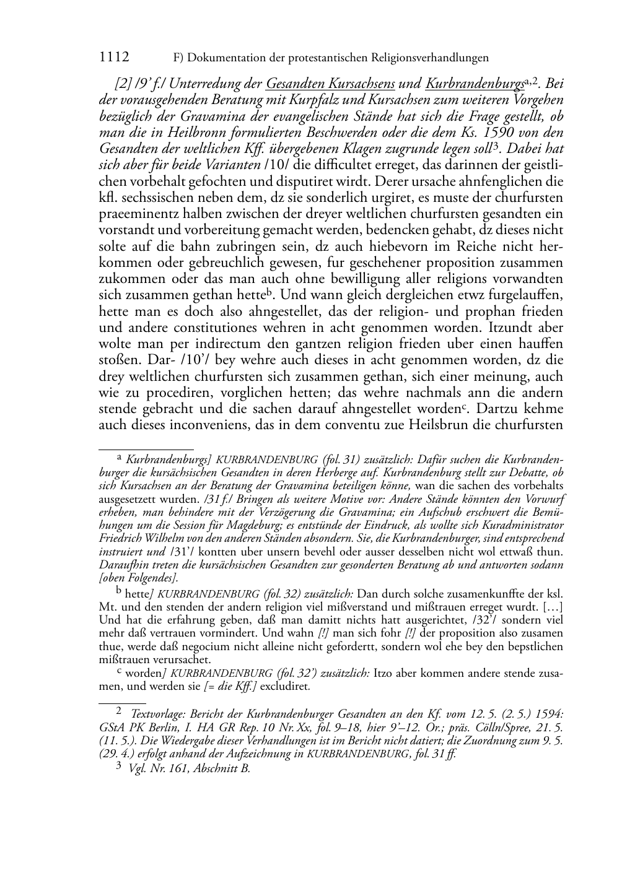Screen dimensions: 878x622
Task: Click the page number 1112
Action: (114, 58)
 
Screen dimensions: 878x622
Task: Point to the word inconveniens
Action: (210, 425)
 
